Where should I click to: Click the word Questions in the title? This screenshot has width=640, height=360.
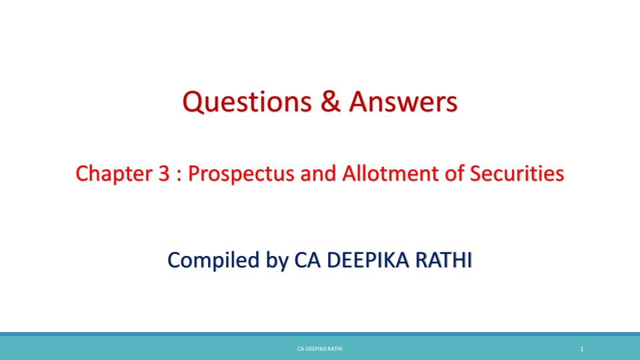(247, 102)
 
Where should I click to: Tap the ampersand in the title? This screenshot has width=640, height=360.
(331, 101)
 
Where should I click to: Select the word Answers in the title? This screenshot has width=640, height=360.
(403, 101)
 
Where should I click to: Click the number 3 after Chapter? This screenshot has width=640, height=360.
(164, 173)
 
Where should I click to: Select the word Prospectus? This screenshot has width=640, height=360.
(241, 174)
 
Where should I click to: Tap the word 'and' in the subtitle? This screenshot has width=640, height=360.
(318, 173)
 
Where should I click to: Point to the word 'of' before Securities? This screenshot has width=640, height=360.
(454, 173)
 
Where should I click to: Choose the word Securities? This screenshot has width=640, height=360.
(517, 173)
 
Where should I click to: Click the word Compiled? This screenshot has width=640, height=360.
(213, 261)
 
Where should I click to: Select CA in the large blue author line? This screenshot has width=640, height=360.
(307, 260)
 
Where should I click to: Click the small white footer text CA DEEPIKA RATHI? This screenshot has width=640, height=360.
(320, 349)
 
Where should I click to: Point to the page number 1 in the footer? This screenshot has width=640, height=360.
(582, 349)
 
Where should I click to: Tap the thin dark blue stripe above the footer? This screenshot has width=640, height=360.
(320, 334)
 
